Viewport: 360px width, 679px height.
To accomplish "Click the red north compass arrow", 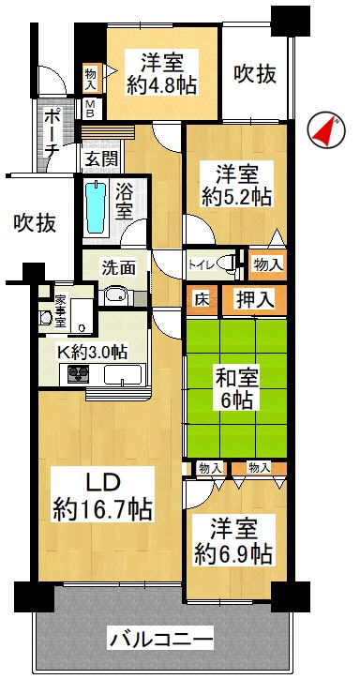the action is [x=325, y=131].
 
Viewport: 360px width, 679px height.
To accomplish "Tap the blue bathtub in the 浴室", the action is [x=96, y=207].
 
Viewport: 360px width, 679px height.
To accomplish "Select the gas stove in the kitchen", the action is [x=79, y=374].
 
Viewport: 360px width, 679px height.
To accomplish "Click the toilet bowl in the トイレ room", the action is [x=224, y=263].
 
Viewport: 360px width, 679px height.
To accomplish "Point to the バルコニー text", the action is [x=161, y=640].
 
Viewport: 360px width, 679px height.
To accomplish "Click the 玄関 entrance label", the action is [x=101, y=160].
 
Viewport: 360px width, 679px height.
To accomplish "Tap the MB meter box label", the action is [x=91, y=110].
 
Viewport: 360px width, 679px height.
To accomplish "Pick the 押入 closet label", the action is [x=255, y=300].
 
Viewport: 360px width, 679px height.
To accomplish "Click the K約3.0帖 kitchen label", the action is [x=93, y=353].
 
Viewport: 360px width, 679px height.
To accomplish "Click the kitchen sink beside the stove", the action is [x=123, y=374].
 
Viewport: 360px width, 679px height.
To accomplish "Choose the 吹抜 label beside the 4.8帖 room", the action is [x=255, y=75].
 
